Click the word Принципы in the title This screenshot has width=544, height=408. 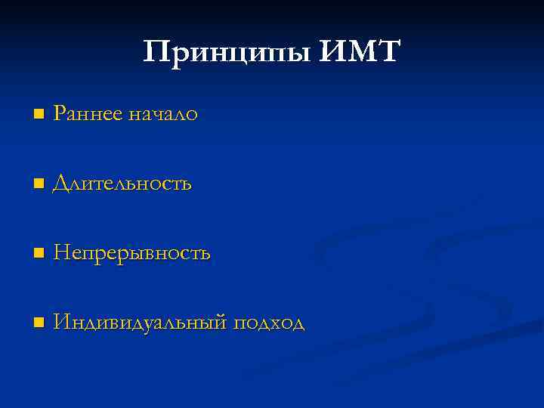(227, 53)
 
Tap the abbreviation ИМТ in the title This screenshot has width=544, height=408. (360, 53)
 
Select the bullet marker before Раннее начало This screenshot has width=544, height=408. (39, 114)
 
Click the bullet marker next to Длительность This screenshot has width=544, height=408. (39, 184)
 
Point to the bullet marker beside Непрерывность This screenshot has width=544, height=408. (39, 253)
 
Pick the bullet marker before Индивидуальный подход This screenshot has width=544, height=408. (39, 323)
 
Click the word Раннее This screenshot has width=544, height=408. (88, 114)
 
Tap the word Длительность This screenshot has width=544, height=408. (122, 184)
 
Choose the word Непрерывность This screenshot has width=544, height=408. (131, 253)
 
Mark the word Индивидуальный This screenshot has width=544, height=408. (140, 323)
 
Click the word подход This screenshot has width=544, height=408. (268, 323)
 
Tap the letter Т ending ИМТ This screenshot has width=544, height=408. (390, 52)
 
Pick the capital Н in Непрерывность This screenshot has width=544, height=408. (61, 253)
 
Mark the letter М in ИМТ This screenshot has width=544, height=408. (359, 52)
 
